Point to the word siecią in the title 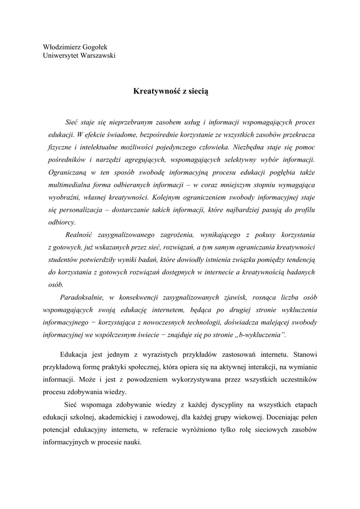tap(200, 91)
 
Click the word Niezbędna tap(255, 147)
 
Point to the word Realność tap(80, 235)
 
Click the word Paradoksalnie tap(81, 297)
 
